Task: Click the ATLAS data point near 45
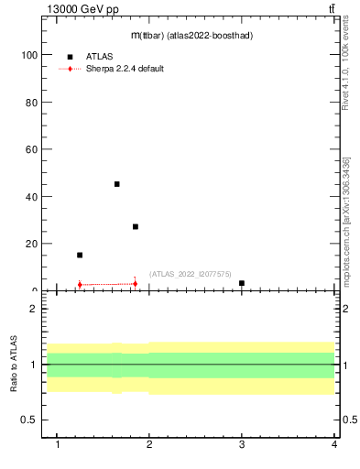pos(116,184)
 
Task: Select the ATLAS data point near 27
pos(136,226)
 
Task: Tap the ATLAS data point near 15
pos(80,255)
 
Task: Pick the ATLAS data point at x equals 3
pos(242,283)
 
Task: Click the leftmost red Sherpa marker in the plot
pos(80,284)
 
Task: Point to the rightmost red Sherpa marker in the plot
pos(136,283)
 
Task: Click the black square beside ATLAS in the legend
pos(70,57)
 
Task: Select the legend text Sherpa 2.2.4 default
pos(125,69)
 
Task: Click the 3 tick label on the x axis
pos(242,444)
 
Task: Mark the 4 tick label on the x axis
pos(334,444)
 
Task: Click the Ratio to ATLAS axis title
pos(15,364)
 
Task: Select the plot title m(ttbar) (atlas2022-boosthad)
pos(191,35)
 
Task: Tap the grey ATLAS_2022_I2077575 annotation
pos(191,274)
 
